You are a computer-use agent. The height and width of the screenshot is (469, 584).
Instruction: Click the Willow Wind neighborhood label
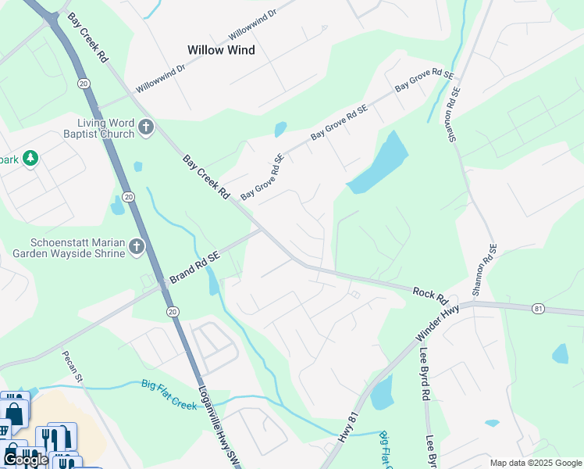(221, 50)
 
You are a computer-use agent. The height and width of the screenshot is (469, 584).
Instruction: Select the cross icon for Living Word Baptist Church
(145, 127)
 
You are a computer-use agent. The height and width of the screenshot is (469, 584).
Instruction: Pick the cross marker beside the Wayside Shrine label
(137, 248)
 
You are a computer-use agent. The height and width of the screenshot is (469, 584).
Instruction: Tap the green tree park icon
(30, 159)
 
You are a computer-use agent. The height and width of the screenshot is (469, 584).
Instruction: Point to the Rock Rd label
(429, 295)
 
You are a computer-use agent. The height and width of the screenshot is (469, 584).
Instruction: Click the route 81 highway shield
(539, 309)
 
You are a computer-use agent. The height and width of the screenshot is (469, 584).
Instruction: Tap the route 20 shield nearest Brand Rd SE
(173, 311)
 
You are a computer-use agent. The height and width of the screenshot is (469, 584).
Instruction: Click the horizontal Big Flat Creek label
(169, 384)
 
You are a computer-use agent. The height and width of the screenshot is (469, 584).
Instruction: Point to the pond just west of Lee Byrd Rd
(382, 392)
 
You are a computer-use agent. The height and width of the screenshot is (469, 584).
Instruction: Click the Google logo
(26, 460)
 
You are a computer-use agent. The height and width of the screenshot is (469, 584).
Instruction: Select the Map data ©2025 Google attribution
(535, 463)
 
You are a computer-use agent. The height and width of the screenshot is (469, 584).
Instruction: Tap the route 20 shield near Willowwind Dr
(84, 83)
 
